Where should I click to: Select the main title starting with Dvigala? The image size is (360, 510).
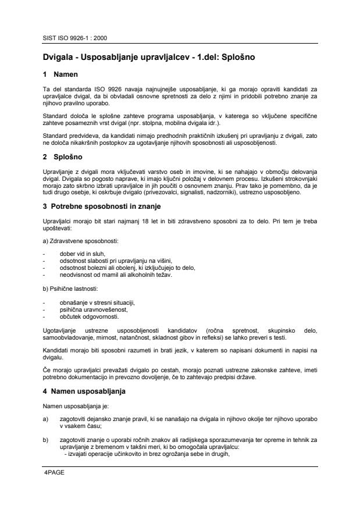click(149, 58)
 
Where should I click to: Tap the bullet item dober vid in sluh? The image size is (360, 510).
click(83, 254)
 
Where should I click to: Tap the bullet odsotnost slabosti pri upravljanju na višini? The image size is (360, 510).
click(116, 261)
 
